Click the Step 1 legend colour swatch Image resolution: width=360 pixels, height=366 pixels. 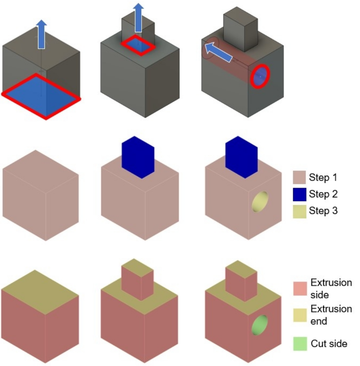[x=299, y=178]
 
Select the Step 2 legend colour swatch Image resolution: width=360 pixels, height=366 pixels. [x=299, y=194]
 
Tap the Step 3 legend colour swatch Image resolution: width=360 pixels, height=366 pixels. [x=299, y=211]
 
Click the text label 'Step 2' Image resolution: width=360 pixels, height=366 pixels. [x=323, y=194]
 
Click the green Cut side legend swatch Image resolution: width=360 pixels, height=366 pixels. [x=299, y=343]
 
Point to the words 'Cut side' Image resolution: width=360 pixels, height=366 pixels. [x=329, y=343]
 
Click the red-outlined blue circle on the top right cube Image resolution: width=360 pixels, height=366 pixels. [x=260, y=77]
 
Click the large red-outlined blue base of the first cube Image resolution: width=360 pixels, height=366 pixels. [x=41, y=96]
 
